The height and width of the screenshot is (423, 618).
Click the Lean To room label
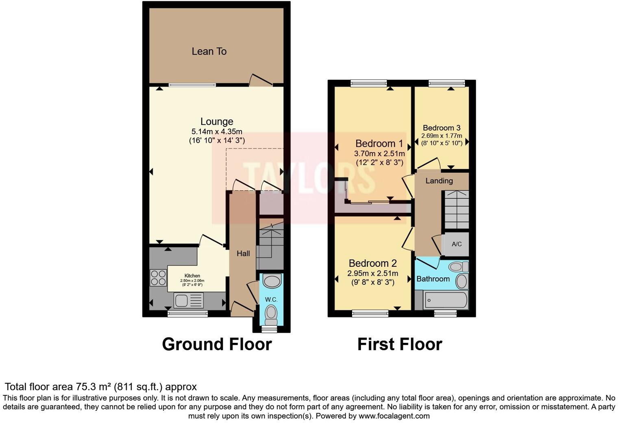point(209,51)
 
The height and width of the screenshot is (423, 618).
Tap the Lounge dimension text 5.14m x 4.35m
point(217,131)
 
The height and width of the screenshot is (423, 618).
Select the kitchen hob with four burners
point(158,278)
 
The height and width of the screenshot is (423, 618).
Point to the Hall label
point(243,253)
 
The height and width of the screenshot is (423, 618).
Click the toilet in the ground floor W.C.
point(271,314)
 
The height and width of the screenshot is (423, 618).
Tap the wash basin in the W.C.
point(272,281)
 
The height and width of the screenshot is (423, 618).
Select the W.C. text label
point(271,300)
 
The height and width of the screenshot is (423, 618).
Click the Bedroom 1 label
point(379,144)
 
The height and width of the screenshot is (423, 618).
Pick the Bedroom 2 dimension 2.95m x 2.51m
point(372,273)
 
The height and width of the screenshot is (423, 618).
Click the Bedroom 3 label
point(441,128)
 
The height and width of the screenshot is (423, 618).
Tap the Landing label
point(439,181)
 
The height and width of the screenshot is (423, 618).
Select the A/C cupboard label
point(457,244)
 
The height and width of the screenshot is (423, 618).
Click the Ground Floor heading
point(217,344)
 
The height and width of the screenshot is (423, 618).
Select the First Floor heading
point(399,344)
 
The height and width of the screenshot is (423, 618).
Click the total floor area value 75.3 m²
point(94,386)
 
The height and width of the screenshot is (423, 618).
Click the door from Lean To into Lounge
point(261,81)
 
